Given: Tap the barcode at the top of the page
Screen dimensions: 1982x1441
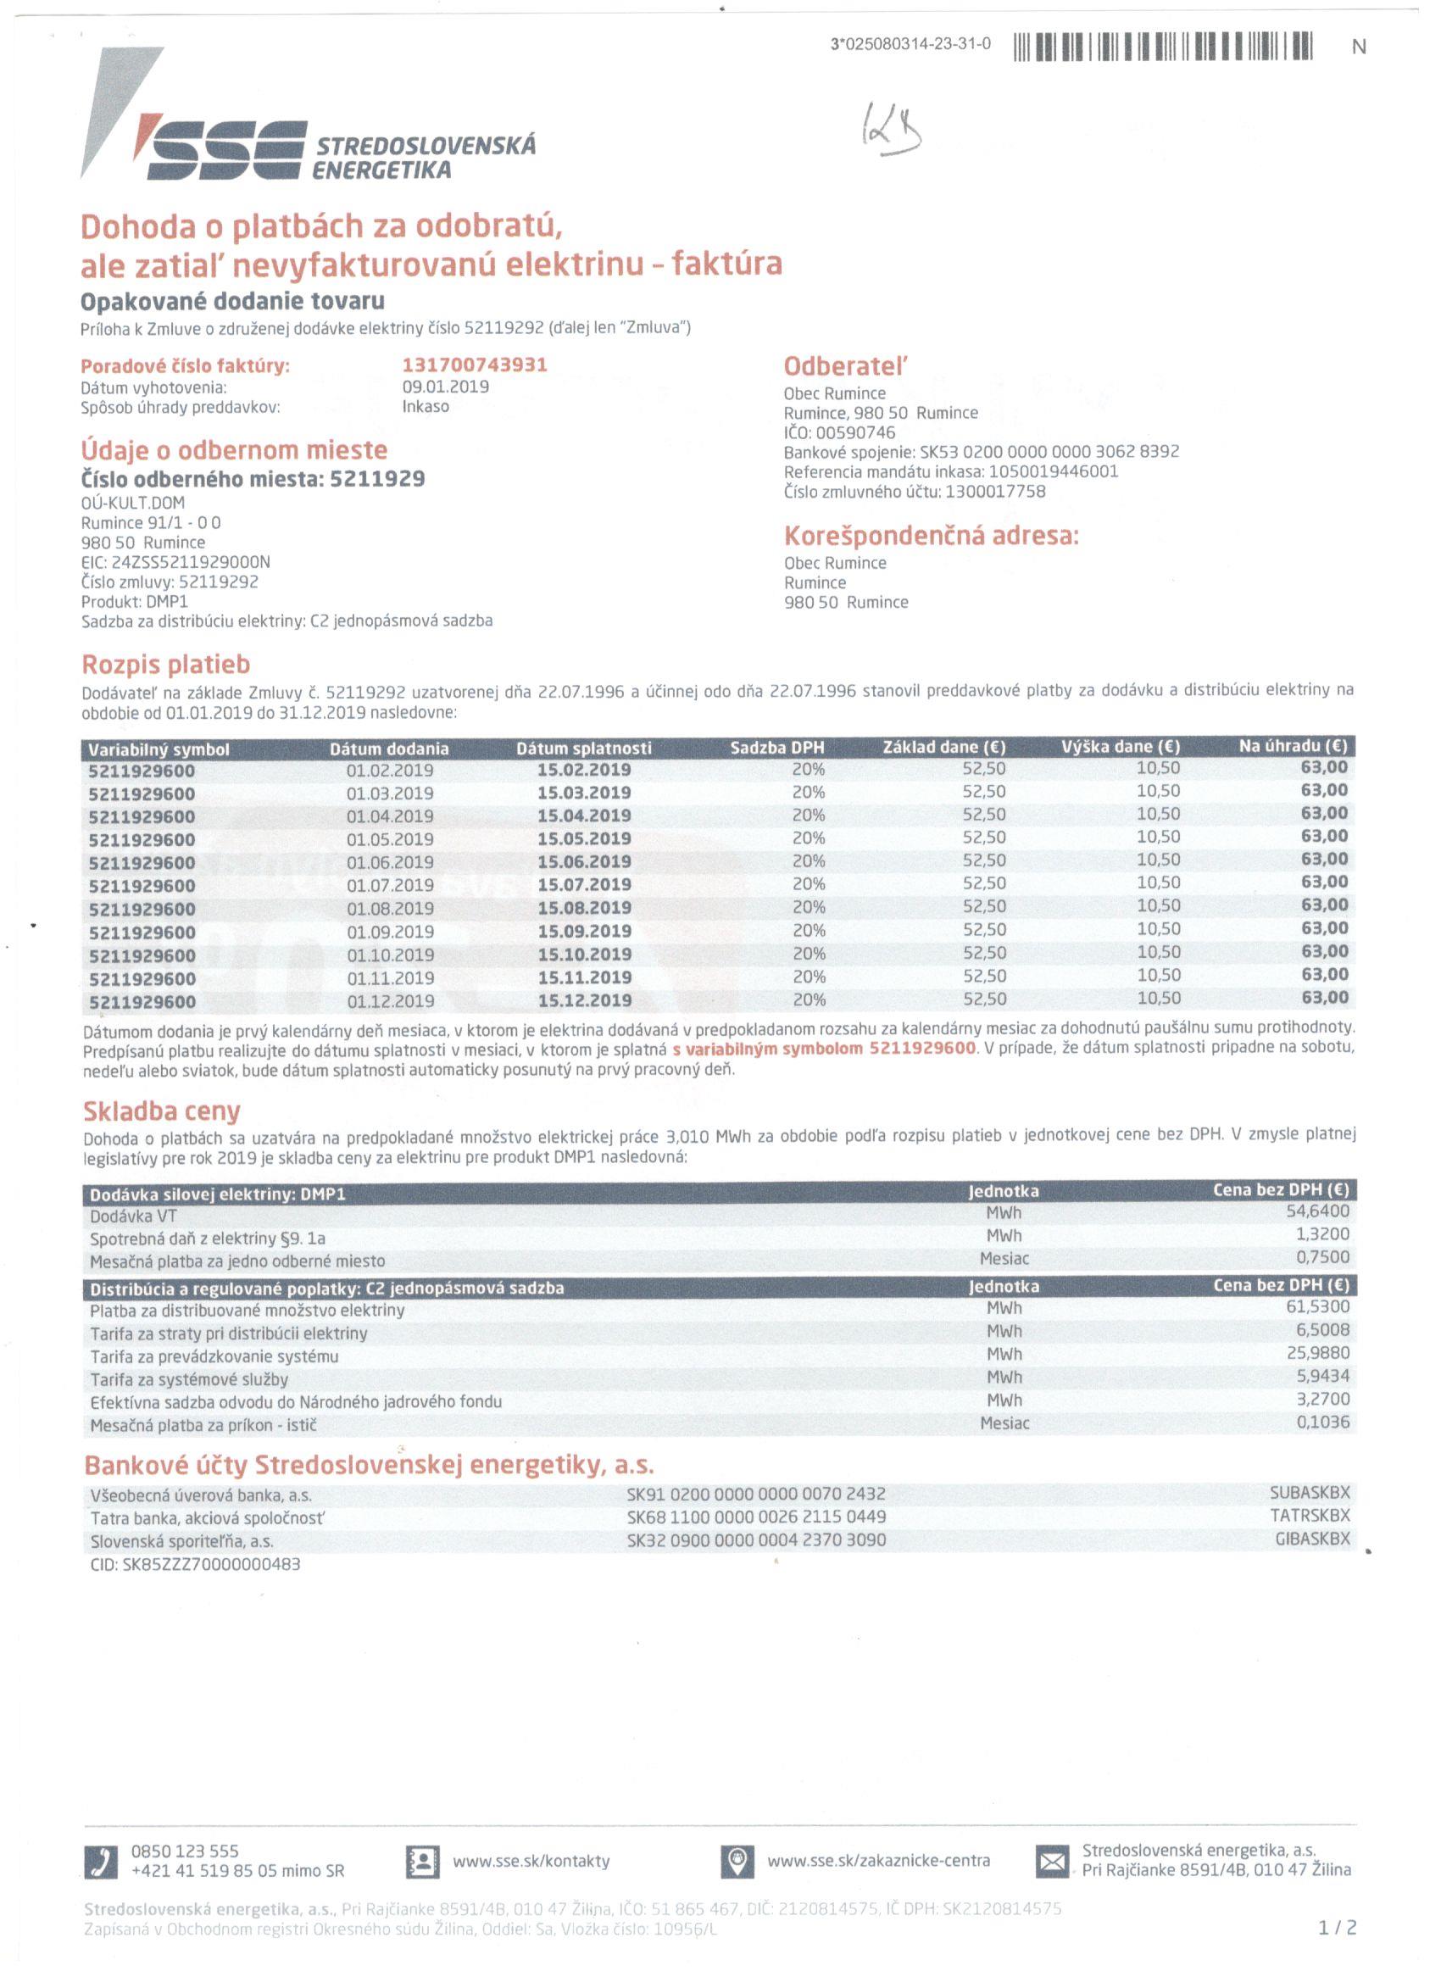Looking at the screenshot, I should pyautogui.click(x=1162, y=47).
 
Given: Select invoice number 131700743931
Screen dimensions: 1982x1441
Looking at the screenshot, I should pyautogui.click(x=475, y=365).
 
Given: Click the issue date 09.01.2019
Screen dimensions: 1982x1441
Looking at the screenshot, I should pyautogui.click(x=445, y=387).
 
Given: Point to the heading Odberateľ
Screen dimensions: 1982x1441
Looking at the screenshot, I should pyautogui.click(x=845, y=366).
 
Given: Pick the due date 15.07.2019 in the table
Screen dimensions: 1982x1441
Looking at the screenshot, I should pyautogui.click(x=584, y=884).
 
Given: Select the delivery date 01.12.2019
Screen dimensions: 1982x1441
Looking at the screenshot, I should pyautogui.click(x=390, y=1000).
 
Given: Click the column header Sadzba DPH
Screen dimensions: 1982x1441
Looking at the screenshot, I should pyautogui.click(x=776, y=748).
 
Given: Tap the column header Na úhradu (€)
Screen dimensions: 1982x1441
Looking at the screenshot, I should pyautogui.click(x=1293, y=746).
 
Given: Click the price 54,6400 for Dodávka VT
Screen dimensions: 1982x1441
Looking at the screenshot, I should pyautogui.click(x=1317, y=1211).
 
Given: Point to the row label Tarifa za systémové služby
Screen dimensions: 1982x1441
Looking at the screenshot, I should pyautogui.click(x=189, y=1379).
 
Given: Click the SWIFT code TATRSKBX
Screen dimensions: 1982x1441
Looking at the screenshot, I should pyautogui.click(x=1309, y=1516).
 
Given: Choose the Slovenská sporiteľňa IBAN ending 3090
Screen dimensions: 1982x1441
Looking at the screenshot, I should pyautogui.click(x=756, y=1539).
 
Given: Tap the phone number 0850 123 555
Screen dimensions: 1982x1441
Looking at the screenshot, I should pyautogui.click(x=185, y=1850).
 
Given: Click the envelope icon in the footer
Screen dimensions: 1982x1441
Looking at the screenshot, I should pyautogui.click(x=1051, y=1862).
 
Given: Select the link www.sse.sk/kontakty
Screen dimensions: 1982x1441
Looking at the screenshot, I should pyautogui.click(x=531, y=1861).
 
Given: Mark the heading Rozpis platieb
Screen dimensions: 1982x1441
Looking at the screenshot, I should pyautogui.click(x=166, y=665).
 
